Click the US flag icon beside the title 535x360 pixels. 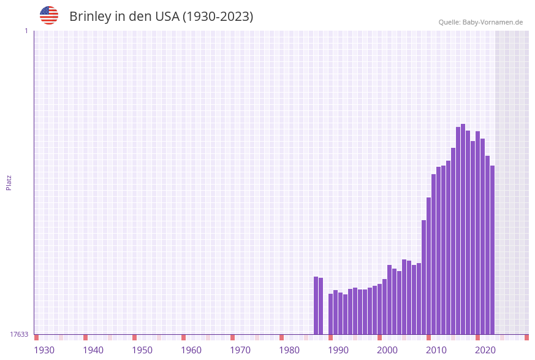tap(49, 15)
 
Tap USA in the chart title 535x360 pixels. tap(167, 17)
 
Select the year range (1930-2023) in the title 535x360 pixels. tap(218, 17)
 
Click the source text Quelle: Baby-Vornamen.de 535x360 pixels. tap(480, 22)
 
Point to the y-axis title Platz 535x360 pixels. tap(9, 182)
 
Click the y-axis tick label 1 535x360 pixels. tap(26, 31)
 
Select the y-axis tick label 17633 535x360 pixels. tap(19, 334)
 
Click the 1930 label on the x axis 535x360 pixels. tap(44, 350)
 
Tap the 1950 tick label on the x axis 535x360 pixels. tap(142, 350)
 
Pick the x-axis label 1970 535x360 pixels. tap(240, 350)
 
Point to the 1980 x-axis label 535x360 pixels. tap(289, 350)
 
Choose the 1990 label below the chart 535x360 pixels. tap(338, 350)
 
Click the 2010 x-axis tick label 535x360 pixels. tap(436, 350)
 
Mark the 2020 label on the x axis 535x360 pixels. tap(485, 350)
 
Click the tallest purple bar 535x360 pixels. tap(463, 229)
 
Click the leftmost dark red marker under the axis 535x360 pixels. tap(37, 337)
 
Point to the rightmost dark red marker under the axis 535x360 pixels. tap(526, 337)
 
